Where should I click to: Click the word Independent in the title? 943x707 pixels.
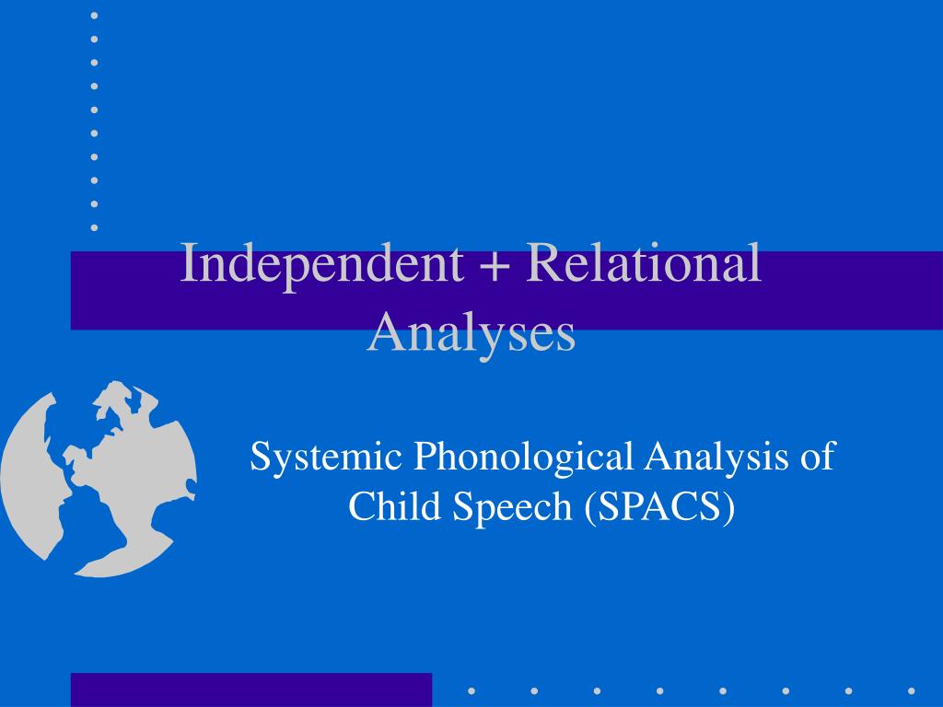click(321, 264)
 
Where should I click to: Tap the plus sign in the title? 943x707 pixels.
click(495, 265)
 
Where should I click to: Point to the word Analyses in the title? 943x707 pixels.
click(471, 334)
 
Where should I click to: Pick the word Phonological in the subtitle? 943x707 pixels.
click(523, 458)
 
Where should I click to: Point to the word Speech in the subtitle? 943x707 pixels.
click(512, 507)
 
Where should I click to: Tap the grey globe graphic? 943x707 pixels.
click(98, 479)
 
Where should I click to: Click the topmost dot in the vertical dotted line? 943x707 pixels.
click(95, 16)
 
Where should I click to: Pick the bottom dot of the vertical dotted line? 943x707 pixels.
click(95, 228)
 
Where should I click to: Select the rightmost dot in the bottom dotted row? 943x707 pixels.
click(912, 691)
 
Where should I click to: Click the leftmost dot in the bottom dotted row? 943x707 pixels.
click(471, 691)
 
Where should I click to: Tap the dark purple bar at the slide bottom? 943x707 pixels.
click(251, 690)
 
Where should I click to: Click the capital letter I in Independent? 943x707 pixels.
click(189, 263)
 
